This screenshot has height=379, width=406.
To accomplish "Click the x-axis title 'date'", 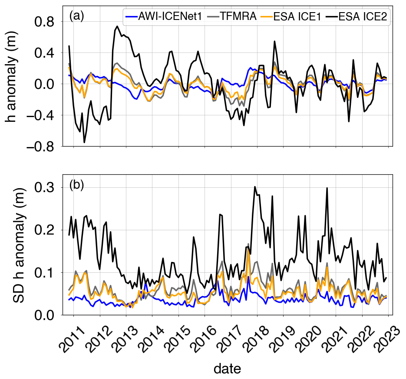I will (227, 369).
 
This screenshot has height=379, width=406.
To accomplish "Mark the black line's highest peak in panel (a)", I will (118, 26).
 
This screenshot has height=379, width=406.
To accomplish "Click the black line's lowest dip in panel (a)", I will (84, 142).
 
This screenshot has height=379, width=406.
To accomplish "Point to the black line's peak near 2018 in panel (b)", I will (255, 187).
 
